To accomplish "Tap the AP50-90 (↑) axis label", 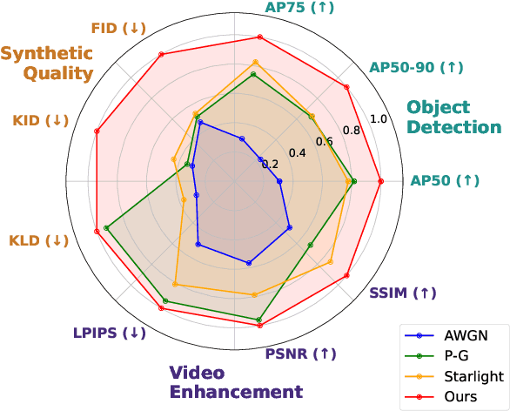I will pyautogui.click(x=417, y=67).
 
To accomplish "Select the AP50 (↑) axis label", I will pyautogui.click(x=445, y=180).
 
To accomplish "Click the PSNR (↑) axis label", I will pyautogui.click(x=299, y=354).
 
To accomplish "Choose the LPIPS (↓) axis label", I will pyautogui.click(x=110, y=333).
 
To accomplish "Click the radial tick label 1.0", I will pyautogui.click(x=378, y=118).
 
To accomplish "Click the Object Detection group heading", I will pyautogui.click(x=454, y=117).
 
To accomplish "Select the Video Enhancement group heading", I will pyautogui.click(x=236, y=381).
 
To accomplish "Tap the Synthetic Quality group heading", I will pyautogui.click(x=47, y=64).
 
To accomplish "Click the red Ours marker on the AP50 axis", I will pyautogui.click(x=380, y=181).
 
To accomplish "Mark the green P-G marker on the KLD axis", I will pyautogui.click(x=106, y=228).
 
